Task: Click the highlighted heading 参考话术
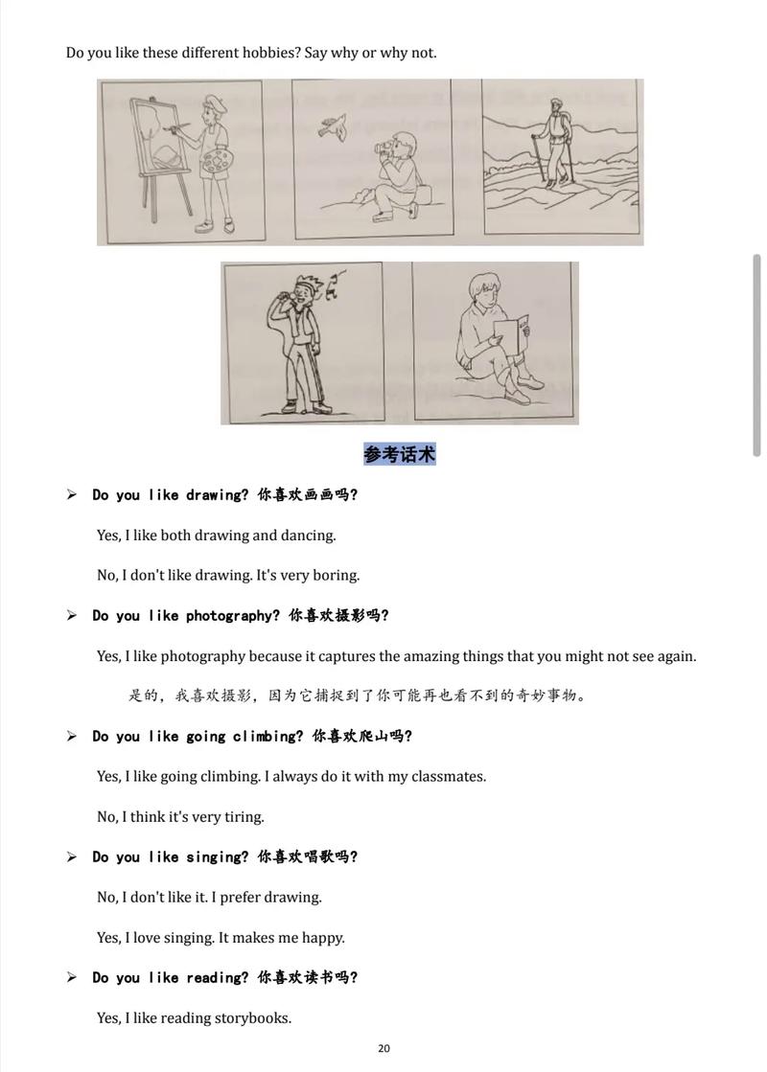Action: tap(400, 454)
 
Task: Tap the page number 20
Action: tap(383, 1048)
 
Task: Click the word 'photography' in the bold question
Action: tap(233, 616)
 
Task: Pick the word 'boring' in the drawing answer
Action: tap(337, 576)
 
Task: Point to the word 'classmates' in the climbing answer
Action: tap(448, 777)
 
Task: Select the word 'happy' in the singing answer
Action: tap(322, 938)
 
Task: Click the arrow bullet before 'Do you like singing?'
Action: tap(71, 857)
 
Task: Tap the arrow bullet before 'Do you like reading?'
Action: tap(71, 978)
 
